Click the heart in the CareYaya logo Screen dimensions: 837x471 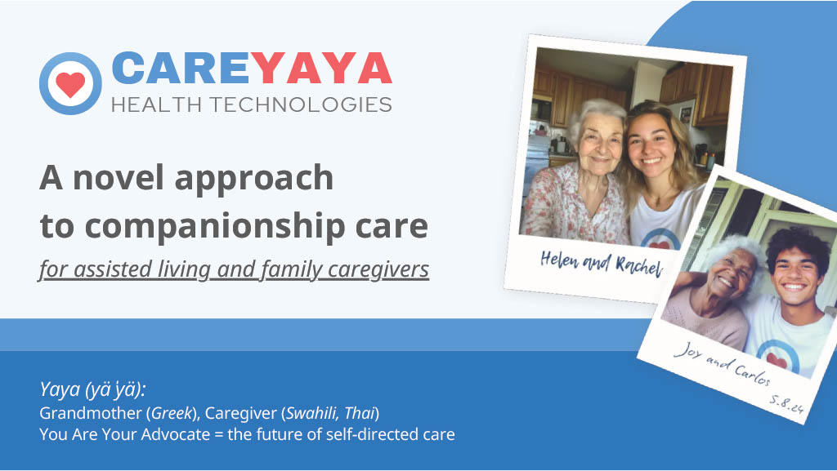70,84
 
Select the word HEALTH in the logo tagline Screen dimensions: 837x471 156,104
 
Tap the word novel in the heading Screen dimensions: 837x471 118,177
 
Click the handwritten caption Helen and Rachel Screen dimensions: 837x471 601,263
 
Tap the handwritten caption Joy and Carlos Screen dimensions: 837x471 722,364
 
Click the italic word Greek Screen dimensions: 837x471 172,413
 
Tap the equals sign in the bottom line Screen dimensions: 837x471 218,435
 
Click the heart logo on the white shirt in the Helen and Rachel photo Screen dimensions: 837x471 660,242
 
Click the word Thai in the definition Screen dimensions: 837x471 360,413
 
